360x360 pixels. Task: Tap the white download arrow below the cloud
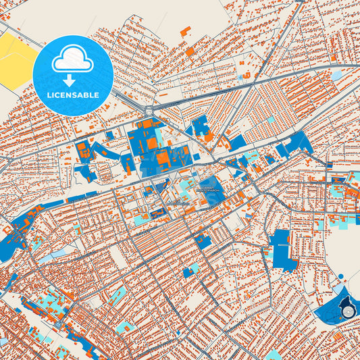pos(72,79)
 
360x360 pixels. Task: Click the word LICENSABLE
pos(72,95)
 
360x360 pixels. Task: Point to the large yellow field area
pos(15,59)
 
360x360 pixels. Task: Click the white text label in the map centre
pos(208,187)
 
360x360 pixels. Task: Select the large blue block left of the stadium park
pos(282,249)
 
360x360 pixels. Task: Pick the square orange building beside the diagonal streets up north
pos(190,51)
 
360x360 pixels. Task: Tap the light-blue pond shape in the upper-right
pos(336,76)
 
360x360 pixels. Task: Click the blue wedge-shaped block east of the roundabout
pos(200,127)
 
